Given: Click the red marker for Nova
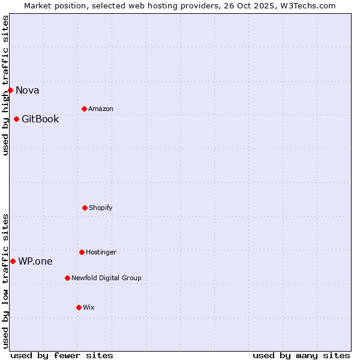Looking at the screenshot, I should click(10, 90).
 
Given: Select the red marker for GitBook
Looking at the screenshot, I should click(16, 119).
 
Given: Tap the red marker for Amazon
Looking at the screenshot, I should click(84, 109).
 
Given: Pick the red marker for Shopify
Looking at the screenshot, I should click(85, 208).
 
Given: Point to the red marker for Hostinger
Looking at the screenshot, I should click(82, 252).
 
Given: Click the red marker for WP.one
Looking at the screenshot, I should click(13, 261).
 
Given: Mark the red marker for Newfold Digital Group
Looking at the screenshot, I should click(67, 278).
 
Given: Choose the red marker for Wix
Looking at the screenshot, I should click(79, 307).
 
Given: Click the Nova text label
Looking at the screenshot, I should click(28, 91).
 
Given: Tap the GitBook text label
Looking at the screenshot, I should click(40, 119).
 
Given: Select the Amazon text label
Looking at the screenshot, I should click(101, 109).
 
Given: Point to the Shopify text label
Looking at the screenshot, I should click(101, 208).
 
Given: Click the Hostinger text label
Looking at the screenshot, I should click(101, 253).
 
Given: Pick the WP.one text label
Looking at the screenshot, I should click(35, 262).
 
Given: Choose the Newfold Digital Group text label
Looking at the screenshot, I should click(106, 278).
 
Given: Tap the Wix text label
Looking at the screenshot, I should click(89, 308).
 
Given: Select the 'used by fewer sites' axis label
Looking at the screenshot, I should click(62, 355).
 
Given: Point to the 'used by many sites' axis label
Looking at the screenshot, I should click(301, 355).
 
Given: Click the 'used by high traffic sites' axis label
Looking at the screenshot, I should click(5, 85).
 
